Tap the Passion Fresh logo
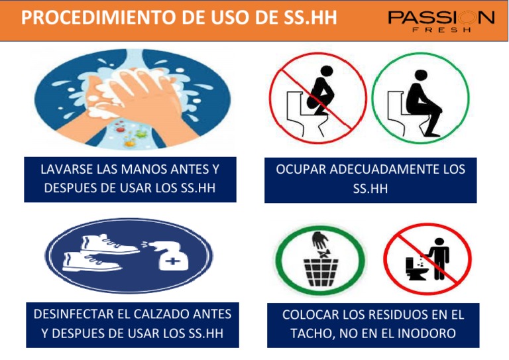tap(440, 21)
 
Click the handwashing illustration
tap(133, 99)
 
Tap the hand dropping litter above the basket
tap(321, 240)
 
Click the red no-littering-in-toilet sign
tap(427, 259)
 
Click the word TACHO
tap(310, 333)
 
